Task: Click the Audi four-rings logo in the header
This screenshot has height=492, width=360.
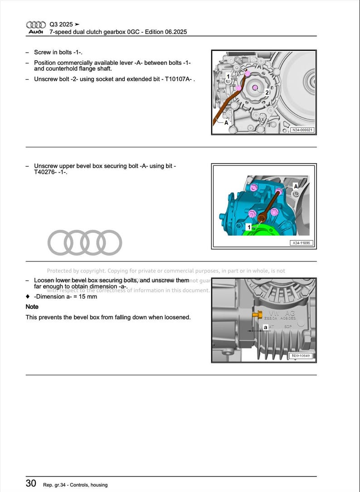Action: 36,24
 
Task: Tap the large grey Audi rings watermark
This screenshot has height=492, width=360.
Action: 85,243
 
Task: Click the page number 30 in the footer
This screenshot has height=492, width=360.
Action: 31,483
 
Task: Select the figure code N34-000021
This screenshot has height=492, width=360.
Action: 302,130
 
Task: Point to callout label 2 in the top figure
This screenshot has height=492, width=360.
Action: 267,93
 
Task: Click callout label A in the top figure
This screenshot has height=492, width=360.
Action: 226,122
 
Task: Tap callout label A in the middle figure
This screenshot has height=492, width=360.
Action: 296,186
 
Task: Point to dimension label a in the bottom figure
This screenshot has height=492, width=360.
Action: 265,327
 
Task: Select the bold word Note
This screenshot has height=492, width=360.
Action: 32,307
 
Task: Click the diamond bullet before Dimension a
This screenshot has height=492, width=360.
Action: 28,297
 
